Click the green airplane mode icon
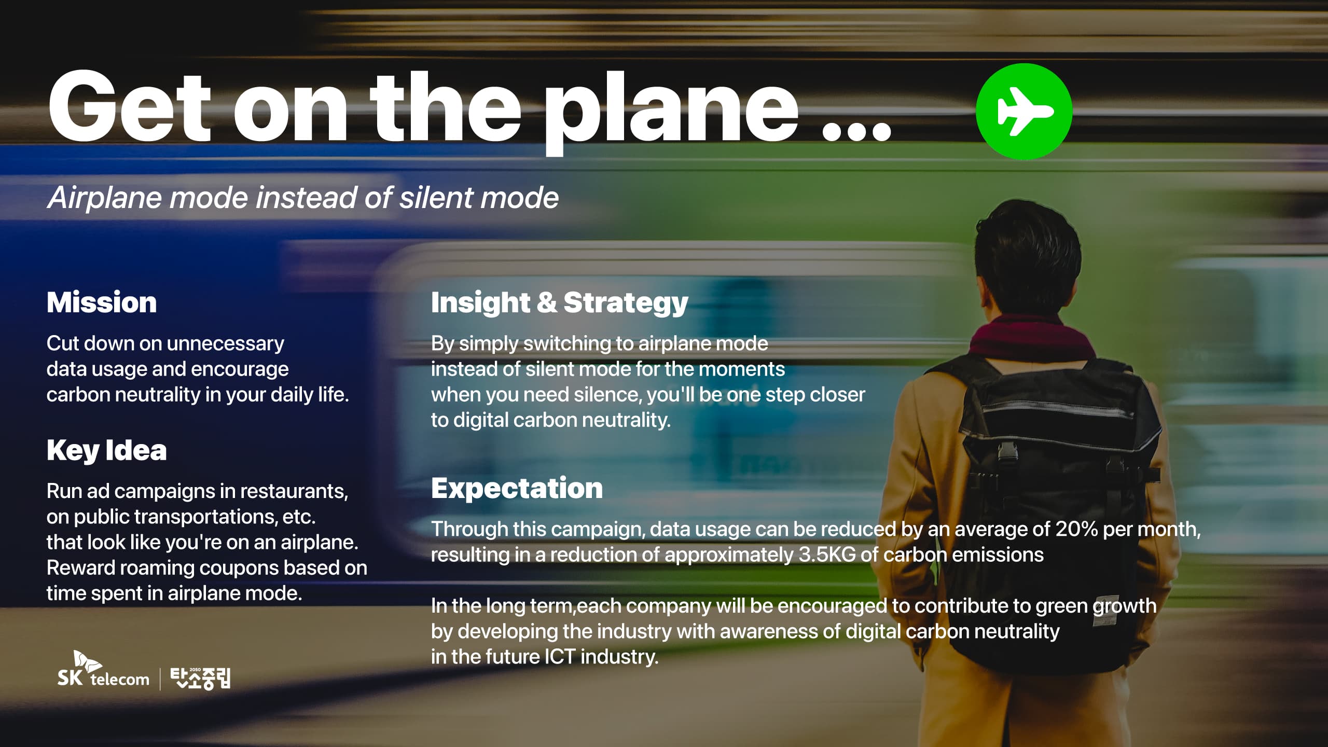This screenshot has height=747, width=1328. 1024,112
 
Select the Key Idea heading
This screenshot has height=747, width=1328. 106,450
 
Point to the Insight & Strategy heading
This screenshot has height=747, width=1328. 559,303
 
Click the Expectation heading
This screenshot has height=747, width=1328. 517,489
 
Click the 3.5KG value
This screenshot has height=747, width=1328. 827,555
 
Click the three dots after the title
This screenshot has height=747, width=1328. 856,131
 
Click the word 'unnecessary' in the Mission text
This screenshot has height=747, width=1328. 226,344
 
